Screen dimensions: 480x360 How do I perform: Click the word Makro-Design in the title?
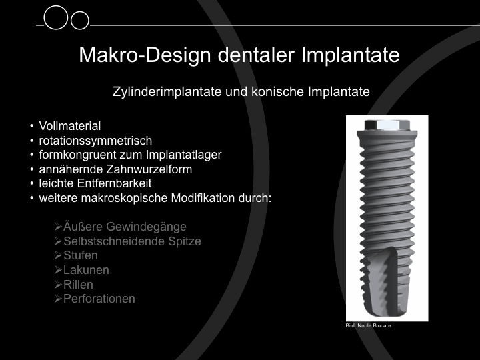pos(145,55)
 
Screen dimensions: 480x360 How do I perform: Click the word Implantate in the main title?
pos(351,55)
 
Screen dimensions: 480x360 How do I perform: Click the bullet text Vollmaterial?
pos(70,126)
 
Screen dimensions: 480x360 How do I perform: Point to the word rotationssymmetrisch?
pos(95,141)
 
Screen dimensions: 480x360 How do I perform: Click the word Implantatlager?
pos(184,155)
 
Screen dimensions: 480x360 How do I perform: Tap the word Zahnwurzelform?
pos(149,169)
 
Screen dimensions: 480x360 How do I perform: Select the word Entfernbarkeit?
pos(114,183)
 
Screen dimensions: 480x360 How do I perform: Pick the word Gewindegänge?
pos(146,227)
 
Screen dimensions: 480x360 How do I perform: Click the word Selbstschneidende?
pos(114,241)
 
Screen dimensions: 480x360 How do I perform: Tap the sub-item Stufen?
pos(81,255)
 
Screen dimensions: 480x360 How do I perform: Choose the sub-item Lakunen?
pos(86,270)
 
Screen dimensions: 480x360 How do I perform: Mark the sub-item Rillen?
pos(78,285)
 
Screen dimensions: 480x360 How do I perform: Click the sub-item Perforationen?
pos(99,299)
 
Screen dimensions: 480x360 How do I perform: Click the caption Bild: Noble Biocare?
pos(368,325)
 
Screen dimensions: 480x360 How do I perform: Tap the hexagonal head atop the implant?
pos(387,125)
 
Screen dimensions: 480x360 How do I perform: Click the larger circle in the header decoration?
pos(56,17)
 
